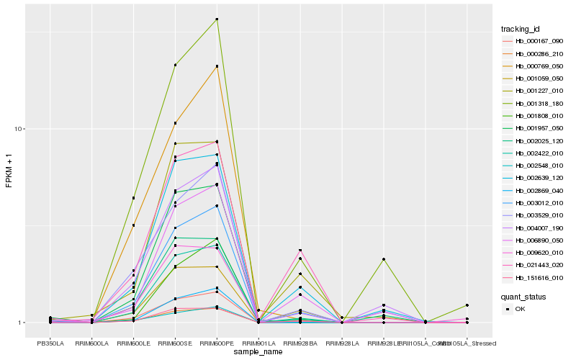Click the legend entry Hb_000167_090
tap(534, 41)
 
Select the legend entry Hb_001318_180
tap(534, 103)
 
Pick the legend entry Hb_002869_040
tap(534, 190)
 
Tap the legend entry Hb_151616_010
tap(534, 277)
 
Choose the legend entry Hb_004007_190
tap(534, 228)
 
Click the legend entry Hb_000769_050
tap(534, 66)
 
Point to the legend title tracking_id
tap(520, 29)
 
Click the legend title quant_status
tap(523, 296)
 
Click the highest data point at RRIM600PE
tap(217, 19)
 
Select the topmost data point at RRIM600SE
tap(175, 65)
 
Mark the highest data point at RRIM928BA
tap(300, 250)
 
